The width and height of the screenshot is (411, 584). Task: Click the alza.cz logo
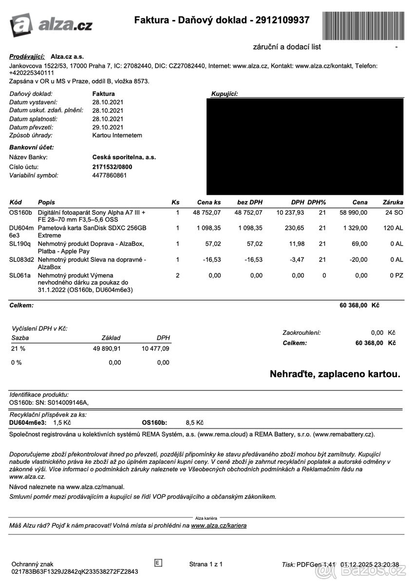pos(51,24)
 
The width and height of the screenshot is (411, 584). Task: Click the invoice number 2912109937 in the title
pos(280,20)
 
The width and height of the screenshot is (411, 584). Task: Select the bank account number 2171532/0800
pos(112,167)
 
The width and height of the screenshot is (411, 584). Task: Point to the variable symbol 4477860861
pos(110,175)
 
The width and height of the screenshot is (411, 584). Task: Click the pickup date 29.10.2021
pos(108,127)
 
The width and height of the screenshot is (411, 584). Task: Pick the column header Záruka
pos(393,202)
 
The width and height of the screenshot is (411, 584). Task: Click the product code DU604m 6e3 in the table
pos(21,231)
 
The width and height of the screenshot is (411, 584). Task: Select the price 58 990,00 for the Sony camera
pos(353,213)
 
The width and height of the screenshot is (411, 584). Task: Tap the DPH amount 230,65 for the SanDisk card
pos(294,228)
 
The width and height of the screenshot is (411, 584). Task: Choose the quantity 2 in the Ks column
pos(177,275)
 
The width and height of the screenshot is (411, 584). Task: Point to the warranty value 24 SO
pos(394,213)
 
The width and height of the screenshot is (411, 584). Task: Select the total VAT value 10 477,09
pos(155,348)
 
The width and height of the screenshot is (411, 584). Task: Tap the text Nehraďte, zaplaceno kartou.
pos(335,374)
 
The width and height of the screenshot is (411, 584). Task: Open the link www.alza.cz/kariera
pos(219,526)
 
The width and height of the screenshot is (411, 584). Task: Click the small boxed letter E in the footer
pos(158,563)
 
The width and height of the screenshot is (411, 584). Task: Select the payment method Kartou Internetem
pos(117,135)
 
